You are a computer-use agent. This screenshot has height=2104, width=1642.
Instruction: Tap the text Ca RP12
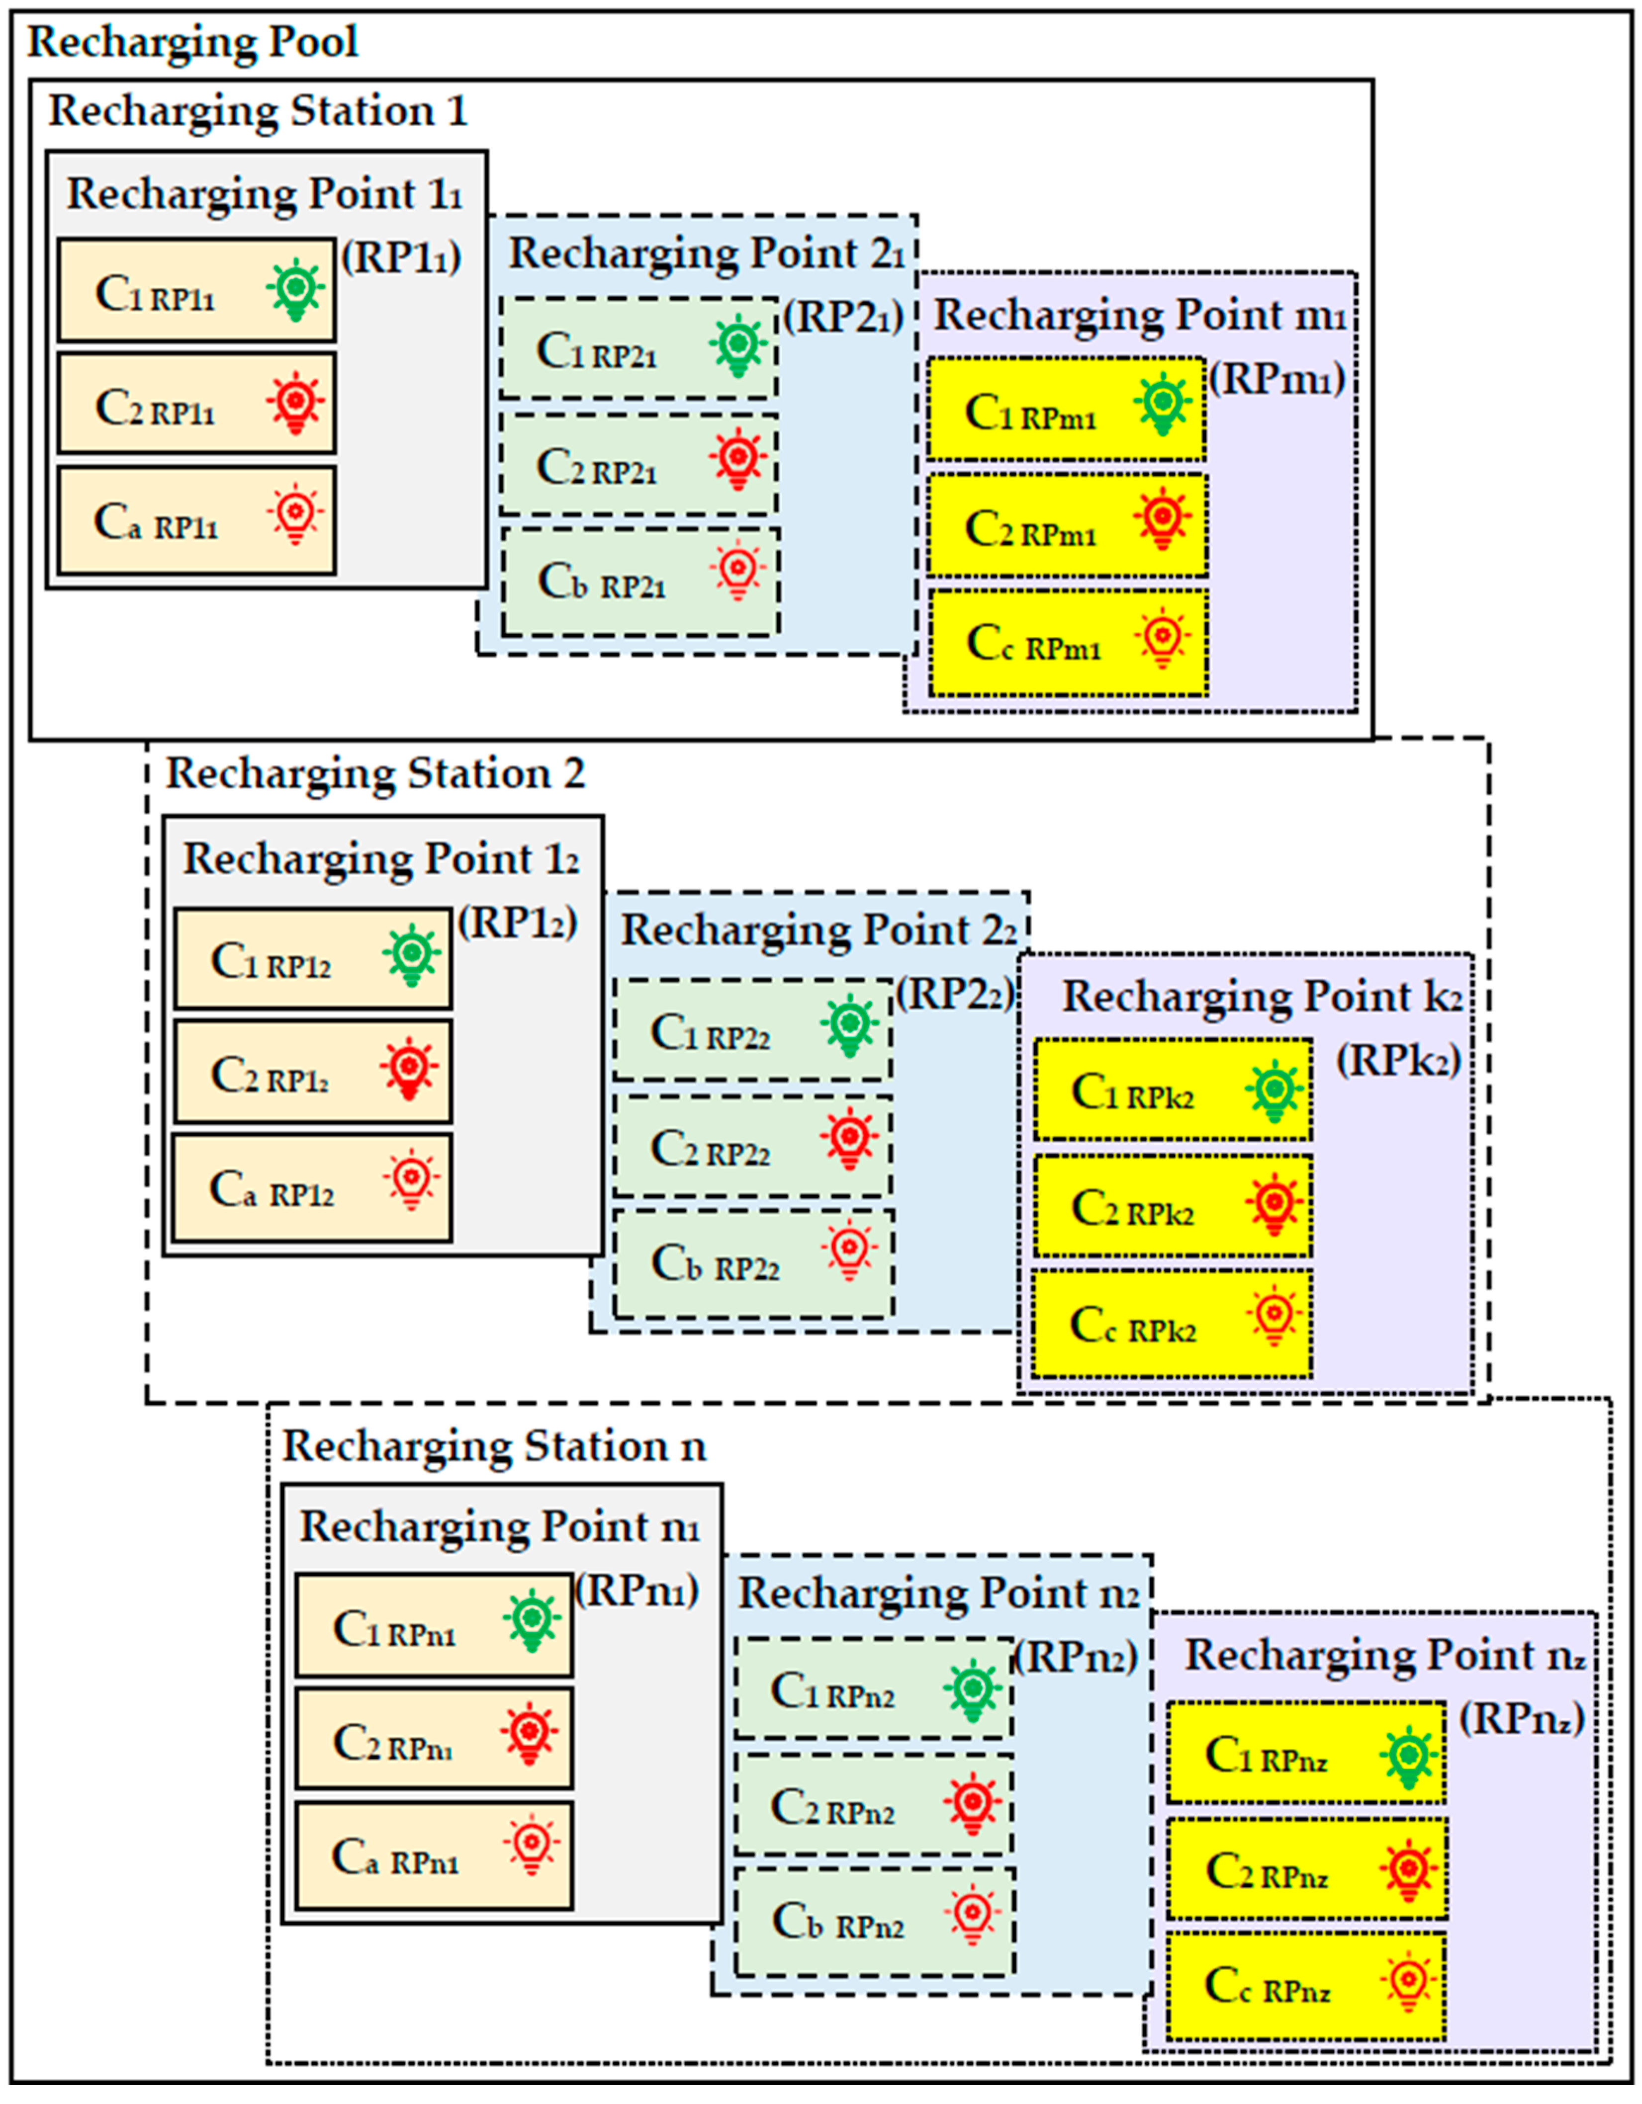(x=272, y=1191)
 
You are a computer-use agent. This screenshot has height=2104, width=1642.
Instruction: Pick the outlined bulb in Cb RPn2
(x=972, y=1914)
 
